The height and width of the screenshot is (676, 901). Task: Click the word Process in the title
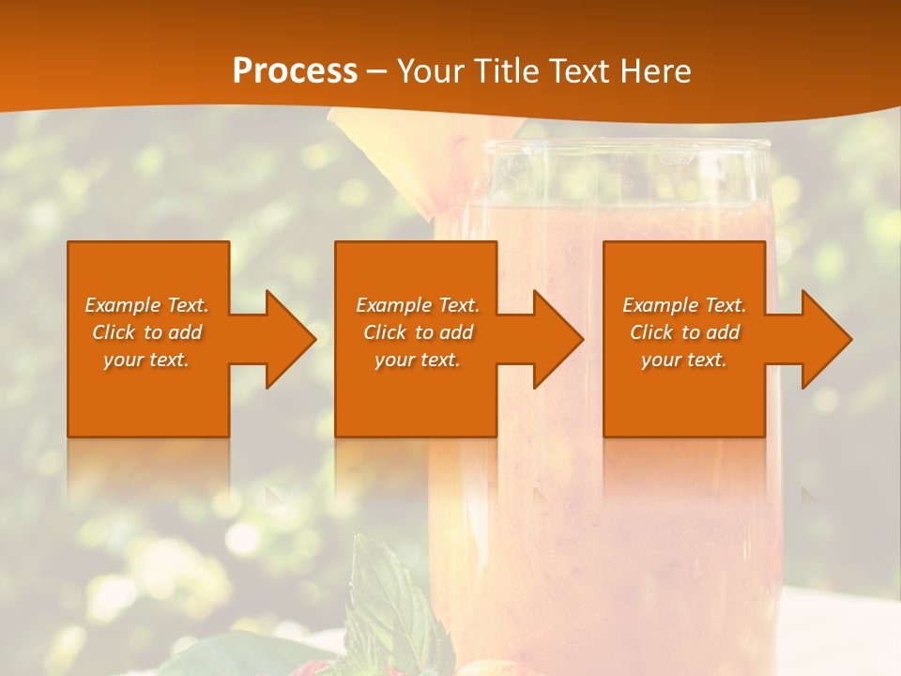click(x=295, y=71)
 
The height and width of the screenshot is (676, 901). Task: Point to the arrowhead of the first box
click(x=292, y=339)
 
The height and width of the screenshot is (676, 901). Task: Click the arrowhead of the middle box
click(x=559, y=339)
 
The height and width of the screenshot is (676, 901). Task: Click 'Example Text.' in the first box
click(x=146, y=305)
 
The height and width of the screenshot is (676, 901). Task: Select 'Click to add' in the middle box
click(x=418, y=332)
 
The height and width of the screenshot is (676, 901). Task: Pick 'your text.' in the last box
click(x=684, y=360)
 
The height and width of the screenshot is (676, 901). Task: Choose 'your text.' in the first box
click(x=146, y=360)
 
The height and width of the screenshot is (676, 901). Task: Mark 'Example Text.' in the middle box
click(x=418, y=305)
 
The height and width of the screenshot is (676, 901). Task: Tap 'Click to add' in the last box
click(x=684, y=332)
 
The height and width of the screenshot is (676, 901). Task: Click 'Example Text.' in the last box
click(x=684, y=305)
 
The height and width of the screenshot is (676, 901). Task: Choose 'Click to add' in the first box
click(x=146, y=332)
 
